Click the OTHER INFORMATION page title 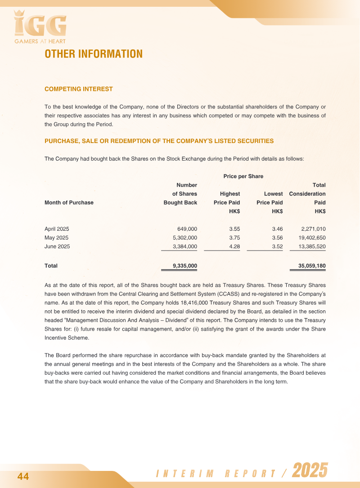pos(94,54)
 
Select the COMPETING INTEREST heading pos(79,89)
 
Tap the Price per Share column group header pos(243,176)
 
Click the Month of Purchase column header pos(69,202)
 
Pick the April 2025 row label pos(57,228)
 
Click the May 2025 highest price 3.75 pos(234,237)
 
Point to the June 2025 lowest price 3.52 pos(277,246)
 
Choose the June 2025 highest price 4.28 pos(234,246)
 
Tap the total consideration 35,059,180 pos(312,266)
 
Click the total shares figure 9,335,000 pos(185,266)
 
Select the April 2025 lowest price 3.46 pos(277,228)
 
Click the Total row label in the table pos(51,266)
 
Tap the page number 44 pos(23,477)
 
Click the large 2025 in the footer pos(310,471)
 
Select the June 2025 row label pos(57,246)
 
